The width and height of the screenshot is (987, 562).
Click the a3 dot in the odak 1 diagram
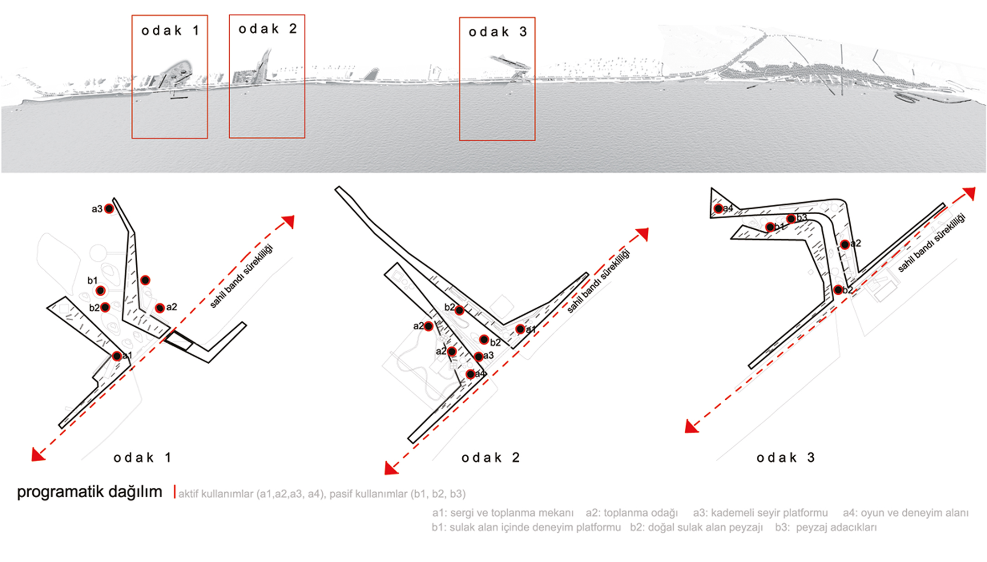click(109, 209)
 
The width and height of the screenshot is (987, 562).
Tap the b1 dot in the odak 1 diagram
click(101, 290)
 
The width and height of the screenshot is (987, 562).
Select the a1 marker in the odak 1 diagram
click(117, 356)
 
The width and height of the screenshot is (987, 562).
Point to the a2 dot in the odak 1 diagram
click(160, 308)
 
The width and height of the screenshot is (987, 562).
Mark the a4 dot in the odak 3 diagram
click(718, 209)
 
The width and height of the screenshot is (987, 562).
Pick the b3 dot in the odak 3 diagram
click(791, 219)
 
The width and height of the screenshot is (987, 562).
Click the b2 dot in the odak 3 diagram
click(838, 290)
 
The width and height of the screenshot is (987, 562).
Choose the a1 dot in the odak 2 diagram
click(520, 329)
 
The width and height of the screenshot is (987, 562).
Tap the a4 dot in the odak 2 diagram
click(470, 374)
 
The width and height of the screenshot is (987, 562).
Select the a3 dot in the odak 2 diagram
click(478, 356)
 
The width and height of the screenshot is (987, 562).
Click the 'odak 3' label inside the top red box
click(497, 32)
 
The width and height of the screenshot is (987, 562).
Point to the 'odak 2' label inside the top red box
click(268, 29)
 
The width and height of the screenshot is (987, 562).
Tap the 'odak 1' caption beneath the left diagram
click(142, 458)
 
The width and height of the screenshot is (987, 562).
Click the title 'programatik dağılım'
click(89, 492)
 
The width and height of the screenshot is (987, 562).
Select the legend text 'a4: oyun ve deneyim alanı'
click(905, 513)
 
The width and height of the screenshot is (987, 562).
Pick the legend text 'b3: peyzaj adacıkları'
click(826, 527)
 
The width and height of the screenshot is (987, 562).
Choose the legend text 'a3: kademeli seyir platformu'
click(760, 513)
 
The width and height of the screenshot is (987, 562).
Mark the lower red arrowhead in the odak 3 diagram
click(691, 427)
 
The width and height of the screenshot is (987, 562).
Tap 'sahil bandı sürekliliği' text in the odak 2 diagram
click(598, 281)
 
